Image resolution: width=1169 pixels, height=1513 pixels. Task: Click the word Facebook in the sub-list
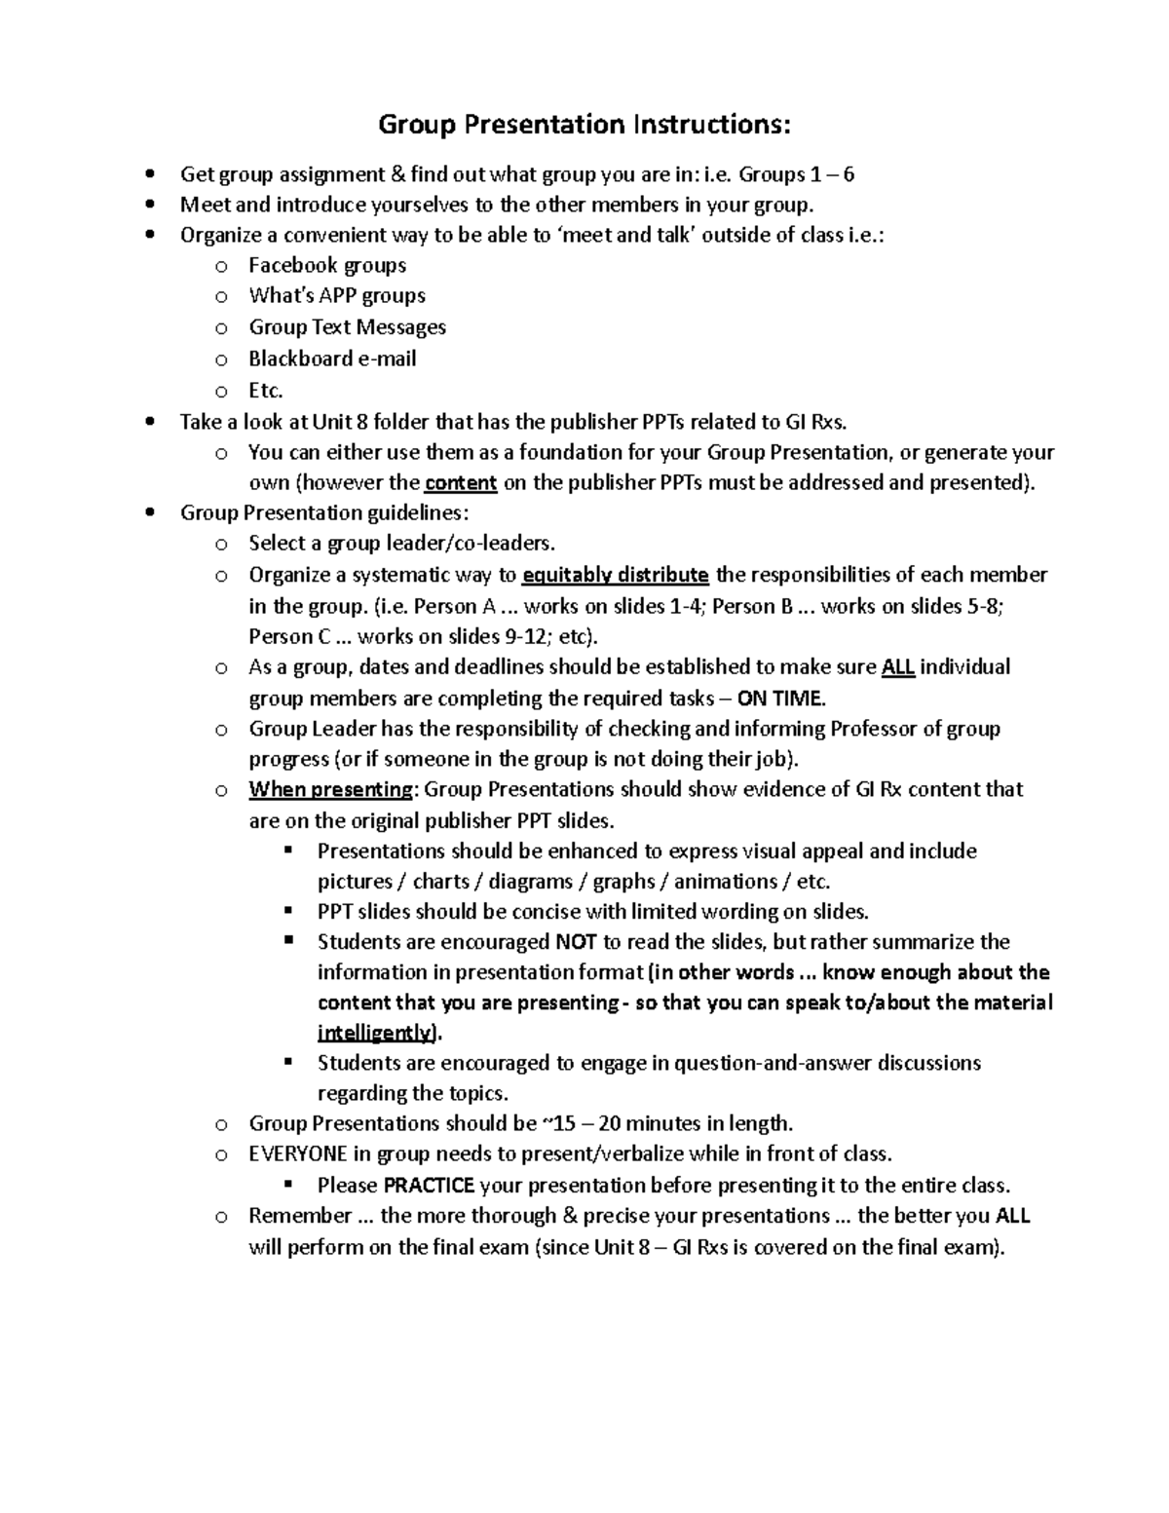291,265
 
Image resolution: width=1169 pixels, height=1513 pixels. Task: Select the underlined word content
462,483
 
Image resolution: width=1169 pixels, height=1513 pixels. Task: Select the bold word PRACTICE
429,1186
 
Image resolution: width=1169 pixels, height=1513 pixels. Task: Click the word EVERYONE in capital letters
298,1154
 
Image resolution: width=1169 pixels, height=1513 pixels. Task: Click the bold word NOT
576,942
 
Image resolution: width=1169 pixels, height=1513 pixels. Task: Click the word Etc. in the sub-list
265,391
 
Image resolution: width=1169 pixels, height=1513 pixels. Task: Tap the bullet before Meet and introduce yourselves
148,205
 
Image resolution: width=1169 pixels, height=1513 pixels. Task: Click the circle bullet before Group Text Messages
221,328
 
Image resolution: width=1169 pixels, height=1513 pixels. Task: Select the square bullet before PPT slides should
288,911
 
